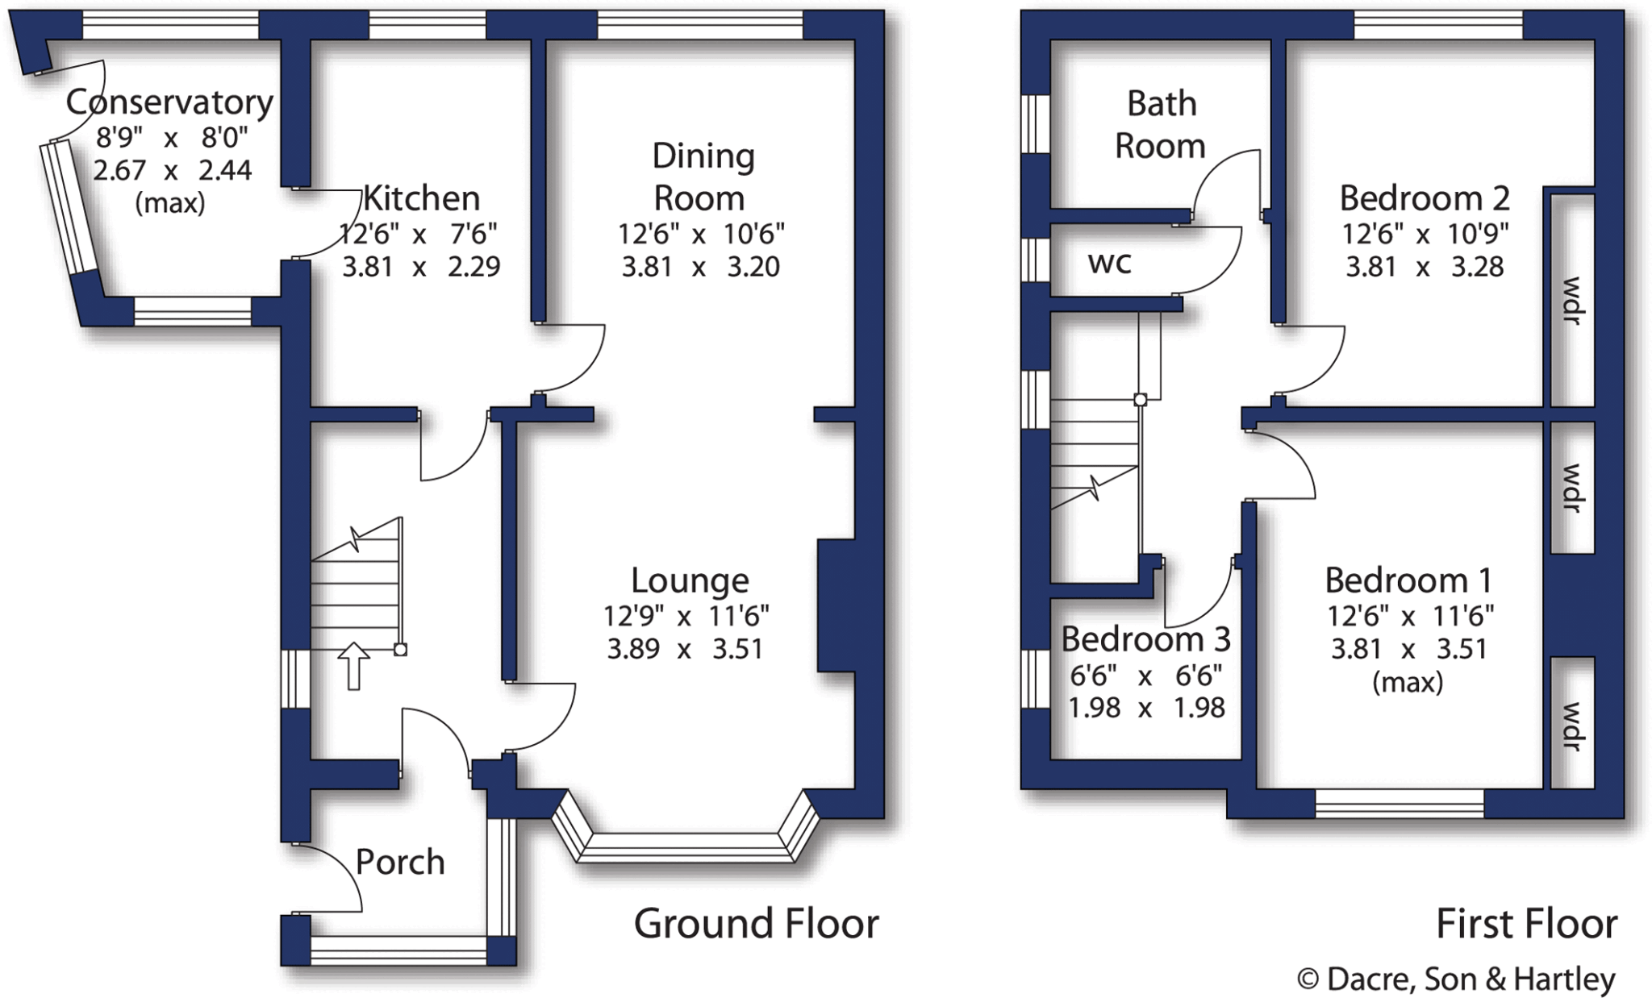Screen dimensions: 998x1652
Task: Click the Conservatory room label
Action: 169,102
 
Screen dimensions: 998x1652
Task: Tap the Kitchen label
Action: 422,198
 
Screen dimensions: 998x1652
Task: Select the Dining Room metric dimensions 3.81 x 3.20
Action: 700,267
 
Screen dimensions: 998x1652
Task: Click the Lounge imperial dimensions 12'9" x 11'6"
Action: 686,617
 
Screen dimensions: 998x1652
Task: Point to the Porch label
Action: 400,863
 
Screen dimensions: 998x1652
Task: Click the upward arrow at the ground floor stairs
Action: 353,665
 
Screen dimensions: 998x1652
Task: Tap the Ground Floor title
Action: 756,924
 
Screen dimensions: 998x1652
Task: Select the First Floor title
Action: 1526,924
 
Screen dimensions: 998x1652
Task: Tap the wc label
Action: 1109,262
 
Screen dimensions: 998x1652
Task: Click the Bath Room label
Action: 1161,125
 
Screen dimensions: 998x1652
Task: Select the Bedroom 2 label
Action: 1425,198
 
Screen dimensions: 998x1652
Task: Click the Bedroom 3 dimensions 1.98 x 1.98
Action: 1146,708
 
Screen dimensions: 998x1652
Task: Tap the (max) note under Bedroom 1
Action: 1408,683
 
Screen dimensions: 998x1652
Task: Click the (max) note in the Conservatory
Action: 169,202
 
